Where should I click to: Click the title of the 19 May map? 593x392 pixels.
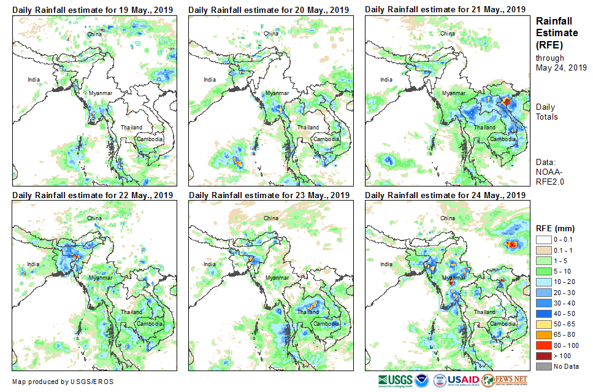(93, 10)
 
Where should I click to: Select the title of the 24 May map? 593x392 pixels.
(445, 195)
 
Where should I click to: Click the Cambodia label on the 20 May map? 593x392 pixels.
(326, 139)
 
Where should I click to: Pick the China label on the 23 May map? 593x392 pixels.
(270, 218)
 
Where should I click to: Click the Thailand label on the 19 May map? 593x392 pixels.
(131, 128)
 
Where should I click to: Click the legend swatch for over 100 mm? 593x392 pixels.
(543, 356)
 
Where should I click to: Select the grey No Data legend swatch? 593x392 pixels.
(543, 366)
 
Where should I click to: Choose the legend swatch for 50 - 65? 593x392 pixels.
(543, 325)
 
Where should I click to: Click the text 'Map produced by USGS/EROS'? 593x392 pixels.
(63, 382)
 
